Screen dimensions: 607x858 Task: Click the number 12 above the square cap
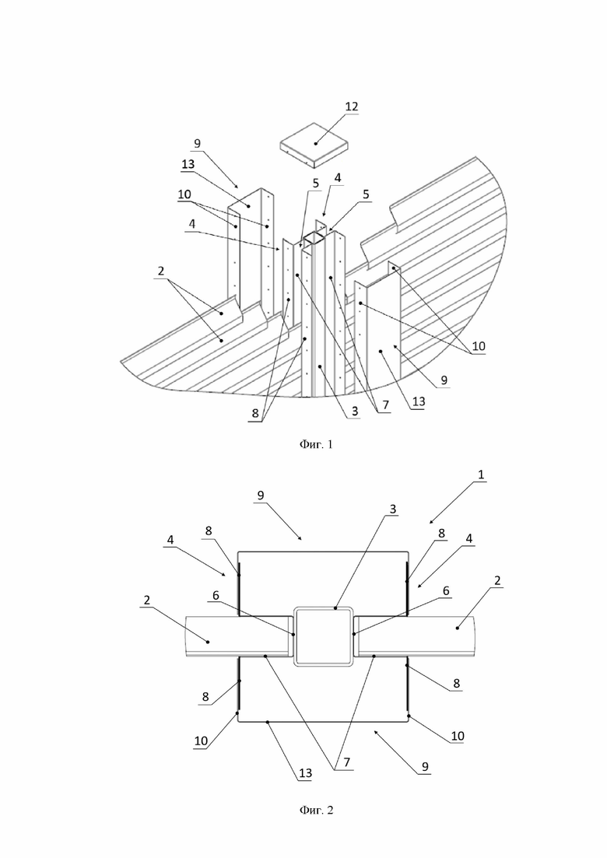coord(352,106)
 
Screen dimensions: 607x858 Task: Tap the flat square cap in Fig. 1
coord(314,145)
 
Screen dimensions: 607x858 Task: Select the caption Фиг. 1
coord(316,444)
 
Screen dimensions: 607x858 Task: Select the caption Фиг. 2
coord(316,810)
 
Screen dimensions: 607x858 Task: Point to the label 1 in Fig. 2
coord(481,475)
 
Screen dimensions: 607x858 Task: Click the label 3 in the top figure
coord(355,411)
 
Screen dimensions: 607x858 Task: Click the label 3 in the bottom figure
coord(392,509)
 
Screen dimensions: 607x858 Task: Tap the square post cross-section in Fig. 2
coord(323,636)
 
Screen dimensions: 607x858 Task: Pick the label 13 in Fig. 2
coord(305,772)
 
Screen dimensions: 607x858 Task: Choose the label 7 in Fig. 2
coord(346,762)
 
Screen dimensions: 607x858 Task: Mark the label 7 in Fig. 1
coord(385,405)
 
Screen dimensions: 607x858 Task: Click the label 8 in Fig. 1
coord(255,414)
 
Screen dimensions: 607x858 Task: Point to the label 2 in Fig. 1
coord(161,271)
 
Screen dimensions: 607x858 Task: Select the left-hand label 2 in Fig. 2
coord(146,601)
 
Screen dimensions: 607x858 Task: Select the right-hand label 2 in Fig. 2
coord(497,580)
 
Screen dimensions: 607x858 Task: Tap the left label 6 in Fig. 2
coord(216,595)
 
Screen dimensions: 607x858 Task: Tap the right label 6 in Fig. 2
coord(446,590)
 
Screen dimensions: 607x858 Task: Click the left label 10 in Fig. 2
coord(201,741)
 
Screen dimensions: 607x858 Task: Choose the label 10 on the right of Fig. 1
coord(479,346)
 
